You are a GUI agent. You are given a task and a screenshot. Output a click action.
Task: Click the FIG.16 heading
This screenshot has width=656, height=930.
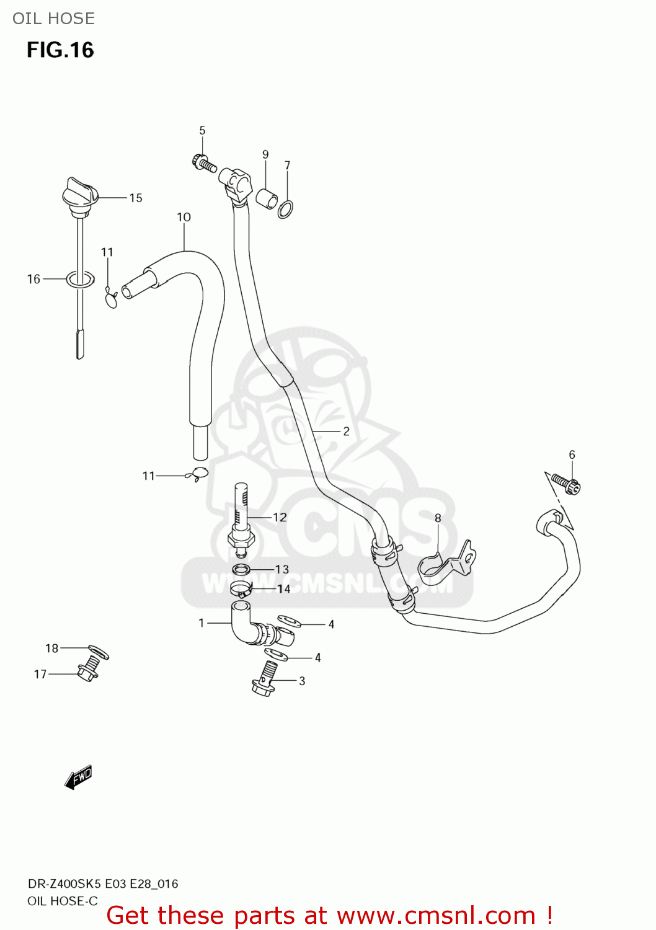[60, 50]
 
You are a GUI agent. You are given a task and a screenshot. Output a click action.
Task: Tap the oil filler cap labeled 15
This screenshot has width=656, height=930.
[80, 193]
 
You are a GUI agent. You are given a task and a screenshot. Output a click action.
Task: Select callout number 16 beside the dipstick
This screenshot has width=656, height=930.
[33, 280]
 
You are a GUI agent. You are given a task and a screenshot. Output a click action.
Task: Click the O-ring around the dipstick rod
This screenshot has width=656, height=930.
[81, 280]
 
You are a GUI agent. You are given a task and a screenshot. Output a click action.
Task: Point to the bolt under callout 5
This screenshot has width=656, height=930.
[205, 164]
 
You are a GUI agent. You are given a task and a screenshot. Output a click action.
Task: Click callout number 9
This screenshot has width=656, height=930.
[265, 154]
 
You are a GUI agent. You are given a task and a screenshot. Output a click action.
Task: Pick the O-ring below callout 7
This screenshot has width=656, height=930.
[285, 210]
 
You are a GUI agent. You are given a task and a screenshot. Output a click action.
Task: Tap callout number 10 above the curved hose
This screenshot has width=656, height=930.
[184, 217]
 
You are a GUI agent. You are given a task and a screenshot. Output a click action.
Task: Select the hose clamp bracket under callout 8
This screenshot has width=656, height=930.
[445, 563]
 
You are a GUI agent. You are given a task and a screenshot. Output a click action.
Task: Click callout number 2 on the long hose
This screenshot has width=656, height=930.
[346, 431]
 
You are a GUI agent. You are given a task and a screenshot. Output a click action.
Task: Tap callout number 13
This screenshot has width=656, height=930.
[282, 569]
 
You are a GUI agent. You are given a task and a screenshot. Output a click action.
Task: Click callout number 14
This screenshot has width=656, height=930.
[283, 589]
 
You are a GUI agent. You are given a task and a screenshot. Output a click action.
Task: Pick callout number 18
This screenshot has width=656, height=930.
[51, 648]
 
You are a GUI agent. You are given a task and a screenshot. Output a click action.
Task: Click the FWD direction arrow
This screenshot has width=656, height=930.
[79, 777]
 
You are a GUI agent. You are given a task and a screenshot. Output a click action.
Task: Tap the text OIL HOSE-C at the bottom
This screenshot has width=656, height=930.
[63, 901]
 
